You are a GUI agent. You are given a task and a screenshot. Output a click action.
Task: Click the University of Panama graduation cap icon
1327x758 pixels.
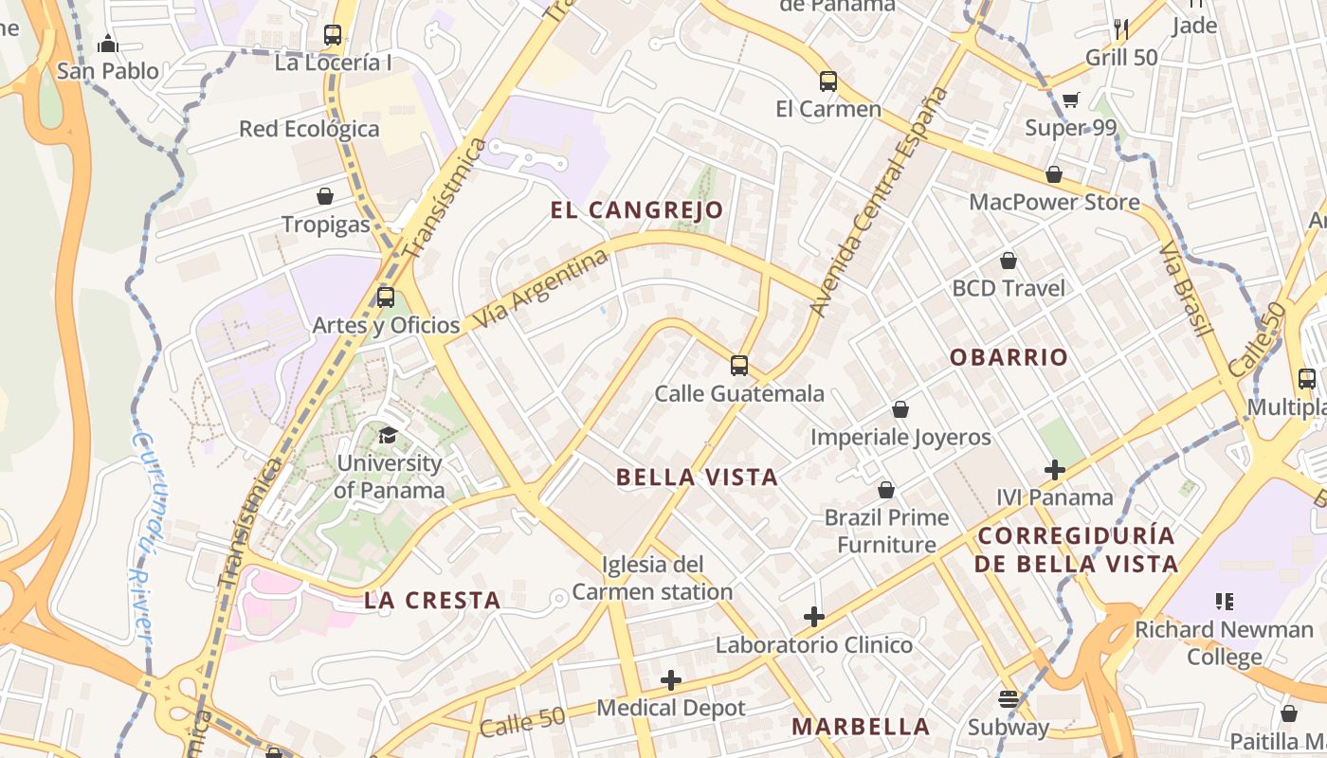[388, 435]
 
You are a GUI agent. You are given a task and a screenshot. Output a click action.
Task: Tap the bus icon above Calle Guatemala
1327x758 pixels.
[739, 365]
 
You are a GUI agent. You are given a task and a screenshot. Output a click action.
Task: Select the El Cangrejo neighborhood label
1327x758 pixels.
[637, 210]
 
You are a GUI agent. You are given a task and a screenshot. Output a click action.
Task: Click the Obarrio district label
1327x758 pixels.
[1009, 357]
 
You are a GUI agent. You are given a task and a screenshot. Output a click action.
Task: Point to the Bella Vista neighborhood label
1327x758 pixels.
[698, 478]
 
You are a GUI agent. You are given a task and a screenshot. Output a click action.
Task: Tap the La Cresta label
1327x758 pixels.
[432, 600]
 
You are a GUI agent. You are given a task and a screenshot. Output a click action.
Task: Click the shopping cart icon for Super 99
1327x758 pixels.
[1071, 99]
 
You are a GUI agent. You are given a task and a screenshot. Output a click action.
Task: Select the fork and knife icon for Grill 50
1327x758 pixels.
[1121, 28]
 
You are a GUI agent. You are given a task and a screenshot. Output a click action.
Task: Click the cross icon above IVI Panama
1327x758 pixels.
[1055, 469]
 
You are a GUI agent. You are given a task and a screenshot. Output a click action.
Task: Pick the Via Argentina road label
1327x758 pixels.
[540, 288]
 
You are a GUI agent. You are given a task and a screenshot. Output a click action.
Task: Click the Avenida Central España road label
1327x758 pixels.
[880, 201]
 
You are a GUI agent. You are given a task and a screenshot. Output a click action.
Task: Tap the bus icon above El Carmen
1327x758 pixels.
[828, 81]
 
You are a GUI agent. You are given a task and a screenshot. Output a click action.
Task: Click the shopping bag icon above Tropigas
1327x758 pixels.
[325, 196]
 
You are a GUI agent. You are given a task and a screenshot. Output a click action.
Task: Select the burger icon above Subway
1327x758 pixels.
[1009, 699]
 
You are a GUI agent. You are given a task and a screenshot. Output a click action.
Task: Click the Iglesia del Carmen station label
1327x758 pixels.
[652, 578]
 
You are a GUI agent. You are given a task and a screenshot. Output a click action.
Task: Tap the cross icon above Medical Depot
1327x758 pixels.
[671, 679]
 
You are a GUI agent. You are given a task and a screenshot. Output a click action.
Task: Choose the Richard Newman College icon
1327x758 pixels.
[1224, 601]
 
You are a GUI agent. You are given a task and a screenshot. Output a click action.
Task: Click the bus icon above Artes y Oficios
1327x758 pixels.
[386, 297]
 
